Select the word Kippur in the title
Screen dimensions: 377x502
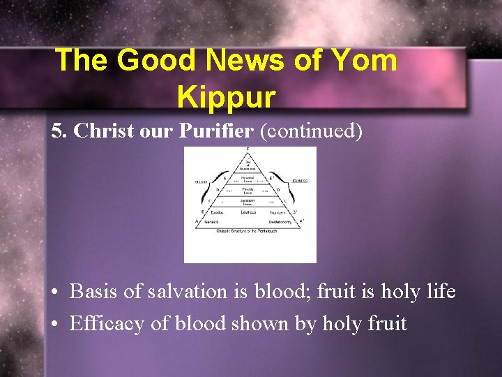pos(227,97)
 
